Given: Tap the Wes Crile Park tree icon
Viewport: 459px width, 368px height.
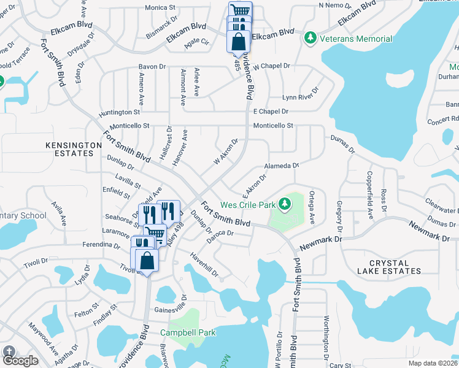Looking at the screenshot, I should click(x=284, y=203).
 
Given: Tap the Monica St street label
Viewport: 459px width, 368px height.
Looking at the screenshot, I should click(x=161, y=8).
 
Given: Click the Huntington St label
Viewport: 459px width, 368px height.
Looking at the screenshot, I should click(x=119, y=112).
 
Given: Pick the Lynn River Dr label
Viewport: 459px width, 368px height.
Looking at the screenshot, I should click(x=298, y=98).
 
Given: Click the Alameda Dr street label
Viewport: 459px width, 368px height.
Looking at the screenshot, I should click(x=281, y=166).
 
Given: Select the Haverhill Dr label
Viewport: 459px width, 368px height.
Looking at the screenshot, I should click(x=204, y=264).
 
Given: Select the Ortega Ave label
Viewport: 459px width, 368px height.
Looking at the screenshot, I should click(x=311, y=208).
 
